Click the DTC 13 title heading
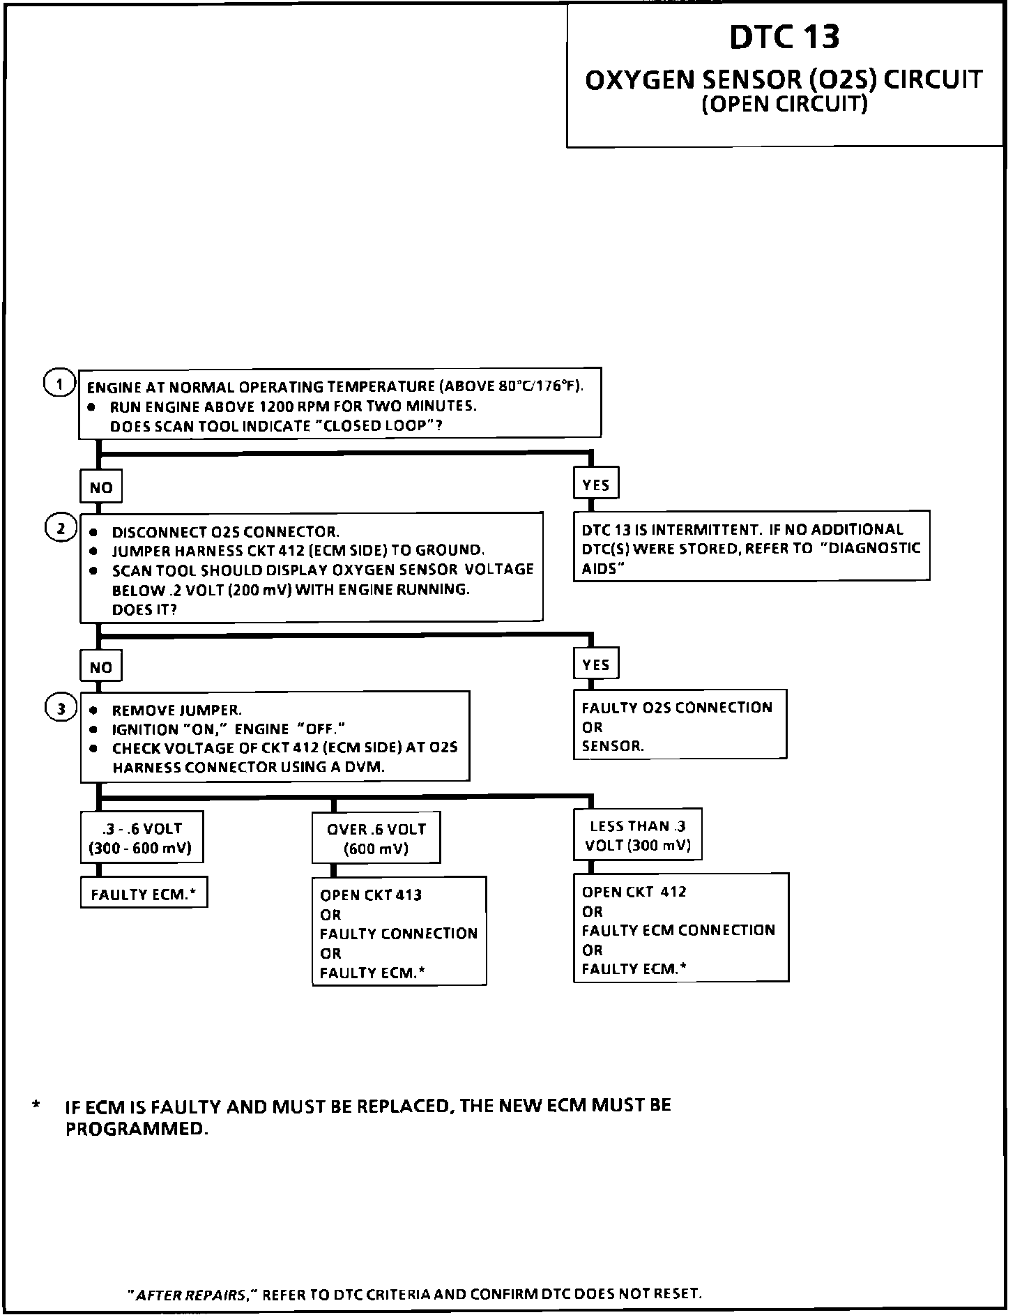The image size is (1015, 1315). click(x=784, y=37)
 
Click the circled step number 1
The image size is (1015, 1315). click(x=59, y=383)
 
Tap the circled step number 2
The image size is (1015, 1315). click(x=61, y=529)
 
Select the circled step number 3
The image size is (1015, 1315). click(x=61, y=708)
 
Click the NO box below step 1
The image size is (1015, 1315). click(x=101, y=487)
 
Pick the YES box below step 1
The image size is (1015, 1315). click(x=596, y=485)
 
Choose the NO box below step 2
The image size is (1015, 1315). click(x=101, y=667)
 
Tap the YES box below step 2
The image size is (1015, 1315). click(x=596, y=664)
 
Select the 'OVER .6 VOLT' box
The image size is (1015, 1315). click(x=376, y=838)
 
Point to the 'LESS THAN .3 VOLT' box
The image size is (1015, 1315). click(x=638, y=835)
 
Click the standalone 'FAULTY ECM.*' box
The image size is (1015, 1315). click(x=144, y=895)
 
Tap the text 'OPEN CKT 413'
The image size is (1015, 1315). click(x=371, y=895)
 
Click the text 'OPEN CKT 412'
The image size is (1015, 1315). click(x=634, y=892)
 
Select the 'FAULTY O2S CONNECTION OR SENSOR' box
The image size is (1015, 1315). click(x=680, y=726)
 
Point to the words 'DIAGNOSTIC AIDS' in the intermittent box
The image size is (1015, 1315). click(x=871, y=549)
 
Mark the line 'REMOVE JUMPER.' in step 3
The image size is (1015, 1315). click(x=176, y=710)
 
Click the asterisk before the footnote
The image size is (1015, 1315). click(x=36, y=1106)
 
